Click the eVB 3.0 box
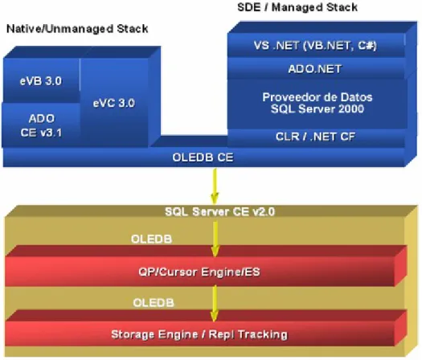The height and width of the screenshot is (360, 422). [x=41, y=80]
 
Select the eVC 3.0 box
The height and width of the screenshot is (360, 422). [x=114, y=103]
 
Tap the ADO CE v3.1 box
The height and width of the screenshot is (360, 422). [x=41, y=125]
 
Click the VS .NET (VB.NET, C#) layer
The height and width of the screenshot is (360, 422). [x=316, y=45]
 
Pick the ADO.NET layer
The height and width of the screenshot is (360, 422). [x=316, y=68]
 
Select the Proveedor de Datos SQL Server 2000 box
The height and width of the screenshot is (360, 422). [x=317, y=104]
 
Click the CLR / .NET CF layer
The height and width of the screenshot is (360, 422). [x=316, y=137]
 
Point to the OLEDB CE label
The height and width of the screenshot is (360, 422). [x=203, y=157]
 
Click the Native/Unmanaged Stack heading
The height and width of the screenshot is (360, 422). [x=77, y=29]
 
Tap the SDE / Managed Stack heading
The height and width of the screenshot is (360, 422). [x=297, y=7]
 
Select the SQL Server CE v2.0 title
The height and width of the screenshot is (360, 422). [x=219, y=212]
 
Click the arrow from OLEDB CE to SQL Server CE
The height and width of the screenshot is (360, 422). [x=215, y=186]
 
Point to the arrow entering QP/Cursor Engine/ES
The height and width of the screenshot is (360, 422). [x=215, y=239]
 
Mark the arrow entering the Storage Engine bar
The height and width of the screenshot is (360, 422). [x=215, y=304]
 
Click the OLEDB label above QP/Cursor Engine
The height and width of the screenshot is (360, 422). [x=152, y=239]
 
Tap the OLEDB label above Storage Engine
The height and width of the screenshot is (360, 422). [x=154, y=303]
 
